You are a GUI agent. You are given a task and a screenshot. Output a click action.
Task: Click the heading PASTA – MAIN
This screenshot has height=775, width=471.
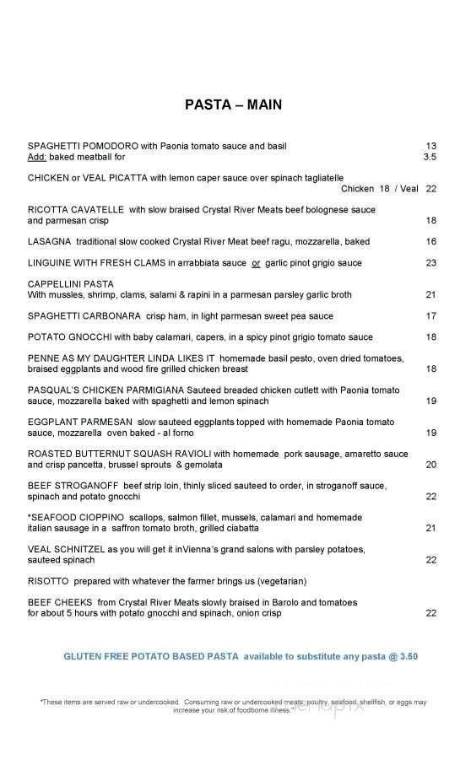(233, 105)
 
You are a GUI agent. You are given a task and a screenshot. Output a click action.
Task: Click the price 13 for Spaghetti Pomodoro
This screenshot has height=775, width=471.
(430, 145)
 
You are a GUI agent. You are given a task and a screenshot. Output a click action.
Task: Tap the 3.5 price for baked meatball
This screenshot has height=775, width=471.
(430, 156)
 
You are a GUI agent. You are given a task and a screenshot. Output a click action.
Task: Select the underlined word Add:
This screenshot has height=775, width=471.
(37, 156)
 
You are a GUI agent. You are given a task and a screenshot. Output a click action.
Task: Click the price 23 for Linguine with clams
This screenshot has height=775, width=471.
(430, 263)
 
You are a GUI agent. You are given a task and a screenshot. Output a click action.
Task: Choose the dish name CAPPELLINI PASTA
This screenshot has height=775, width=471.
(70, 284)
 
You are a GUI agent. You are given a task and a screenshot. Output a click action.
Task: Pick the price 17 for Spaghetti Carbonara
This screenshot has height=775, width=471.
(430, 316)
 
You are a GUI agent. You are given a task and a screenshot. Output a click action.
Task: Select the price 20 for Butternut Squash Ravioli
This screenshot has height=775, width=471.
(430, 465)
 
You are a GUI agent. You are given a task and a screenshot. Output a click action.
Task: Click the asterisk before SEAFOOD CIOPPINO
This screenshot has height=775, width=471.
(30, 517)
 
